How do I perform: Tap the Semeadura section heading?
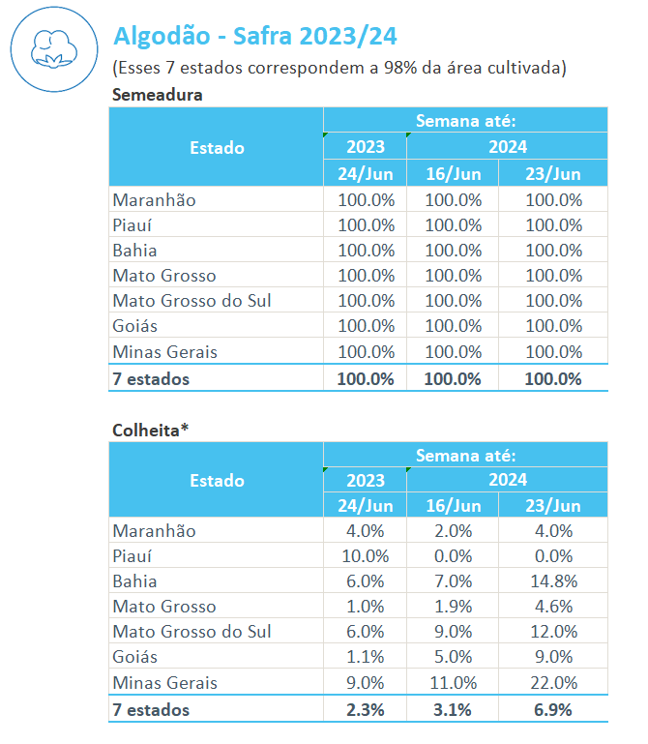[x=158, y=95]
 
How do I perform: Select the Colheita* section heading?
[x=152, y=429]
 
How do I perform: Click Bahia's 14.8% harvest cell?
[x=553, y=581]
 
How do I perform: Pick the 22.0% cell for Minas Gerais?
[x=553, y=683]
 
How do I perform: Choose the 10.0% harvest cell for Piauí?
[x=366, y=556]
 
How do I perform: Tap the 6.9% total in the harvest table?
[x=553, y=710]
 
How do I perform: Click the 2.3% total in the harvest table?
[x=366, y=710]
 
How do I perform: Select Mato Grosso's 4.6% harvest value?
[x=553, y=607]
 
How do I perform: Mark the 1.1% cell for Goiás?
[x=366, y=657]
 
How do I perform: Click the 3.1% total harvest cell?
[x=453, y=710]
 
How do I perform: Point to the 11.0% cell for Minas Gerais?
[x=453, y=683]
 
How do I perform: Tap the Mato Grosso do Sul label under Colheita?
[x=191, y=632]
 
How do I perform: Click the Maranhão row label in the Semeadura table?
[x=154, y=200]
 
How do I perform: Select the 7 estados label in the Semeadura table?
[x=151, y=378]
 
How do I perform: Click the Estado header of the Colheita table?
[x=217, y=481]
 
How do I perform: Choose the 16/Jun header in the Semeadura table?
[x=453, y=174]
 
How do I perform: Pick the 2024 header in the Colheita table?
[x=507, y=480]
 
